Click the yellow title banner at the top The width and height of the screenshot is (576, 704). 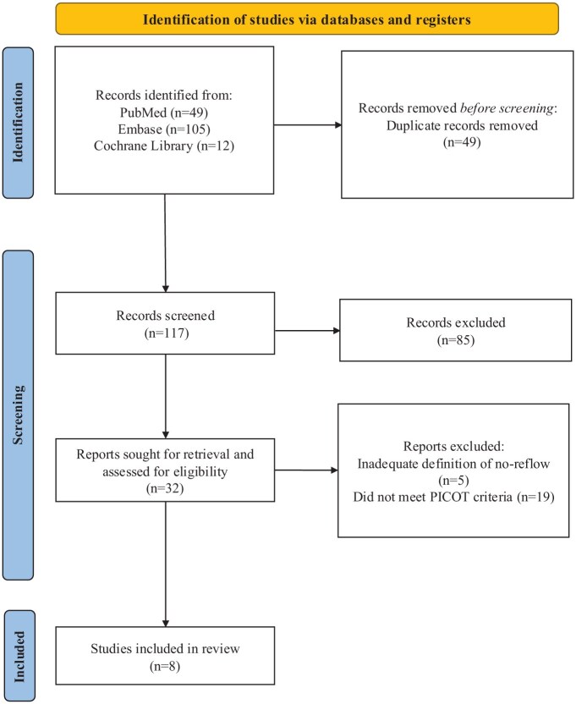coord(307,19)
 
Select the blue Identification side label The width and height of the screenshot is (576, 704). coord(18,123)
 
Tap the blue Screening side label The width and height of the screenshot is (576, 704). coord(18,415)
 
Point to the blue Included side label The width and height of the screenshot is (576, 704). coord(19,656)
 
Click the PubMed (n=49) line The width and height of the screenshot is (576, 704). coord(164,113)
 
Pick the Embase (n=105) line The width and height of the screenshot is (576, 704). coord(164,129)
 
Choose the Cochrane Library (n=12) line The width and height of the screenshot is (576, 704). coord(164,146)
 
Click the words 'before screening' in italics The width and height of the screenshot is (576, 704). coord(507,108)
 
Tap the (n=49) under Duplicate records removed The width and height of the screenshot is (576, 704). coord(462,142)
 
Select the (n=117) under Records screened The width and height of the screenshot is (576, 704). coord(166,333)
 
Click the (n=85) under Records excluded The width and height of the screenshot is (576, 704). coord(456,340)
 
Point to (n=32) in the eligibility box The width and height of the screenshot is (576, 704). coord(165,488)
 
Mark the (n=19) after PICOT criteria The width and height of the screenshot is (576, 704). coord(535,497)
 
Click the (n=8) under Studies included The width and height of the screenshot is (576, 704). coord(165,666)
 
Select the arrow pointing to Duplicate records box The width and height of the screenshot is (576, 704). coord(308,125)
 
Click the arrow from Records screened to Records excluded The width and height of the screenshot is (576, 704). coord(308,331)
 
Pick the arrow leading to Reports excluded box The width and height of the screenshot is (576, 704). coord(306,470)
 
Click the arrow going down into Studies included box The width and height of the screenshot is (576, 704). coord(166,564)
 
